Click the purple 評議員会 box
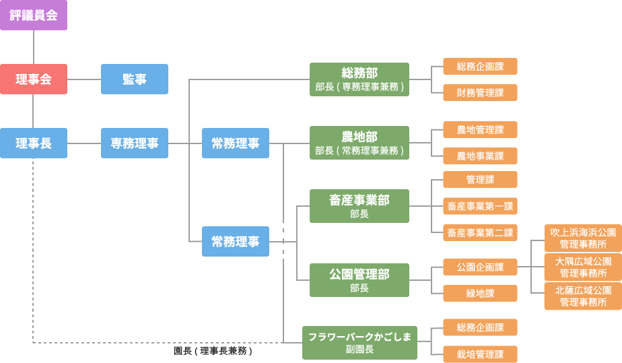(x=34, y=15)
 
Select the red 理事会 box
(x=34, y=79)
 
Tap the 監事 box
(x=135, y=79)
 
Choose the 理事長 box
(x=34, y=143)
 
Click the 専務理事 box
(x=135, y=143)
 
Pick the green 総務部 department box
(x=359, y=79)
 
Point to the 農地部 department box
(x=359, y=143)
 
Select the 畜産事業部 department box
(x=359, y=206)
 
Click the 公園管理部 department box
(x=359, y=279)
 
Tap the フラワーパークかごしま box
(x=359, y=343)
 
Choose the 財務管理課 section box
(x=480, y=93)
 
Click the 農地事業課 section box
(x=480, y=156)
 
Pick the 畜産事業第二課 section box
(x=480, y=233)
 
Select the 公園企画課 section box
(x=480, y=267)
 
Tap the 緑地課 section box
(x=480, y=293)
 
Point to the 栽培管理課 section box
(x=480, y=354)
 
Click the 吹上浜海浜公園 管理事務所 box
(x=583, y=238)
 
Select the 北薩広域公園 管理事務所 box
(x=583, y=296)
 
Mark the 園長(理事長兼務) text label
(x=213, y=352)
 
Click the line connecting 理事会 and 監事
(x=84, y=79)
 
